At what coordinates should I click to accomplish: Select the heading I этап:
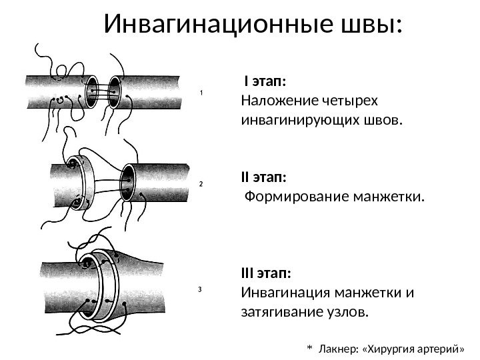(266, 81)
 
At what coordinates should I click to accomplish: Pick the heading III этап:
(266, 274)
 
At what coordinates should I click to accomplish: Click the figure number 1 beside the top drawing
(201, 94)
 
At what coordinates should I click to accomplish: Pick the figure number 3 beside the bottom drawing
(200, 289)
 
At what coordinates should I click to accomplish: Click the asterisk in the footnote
(309, 347)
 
